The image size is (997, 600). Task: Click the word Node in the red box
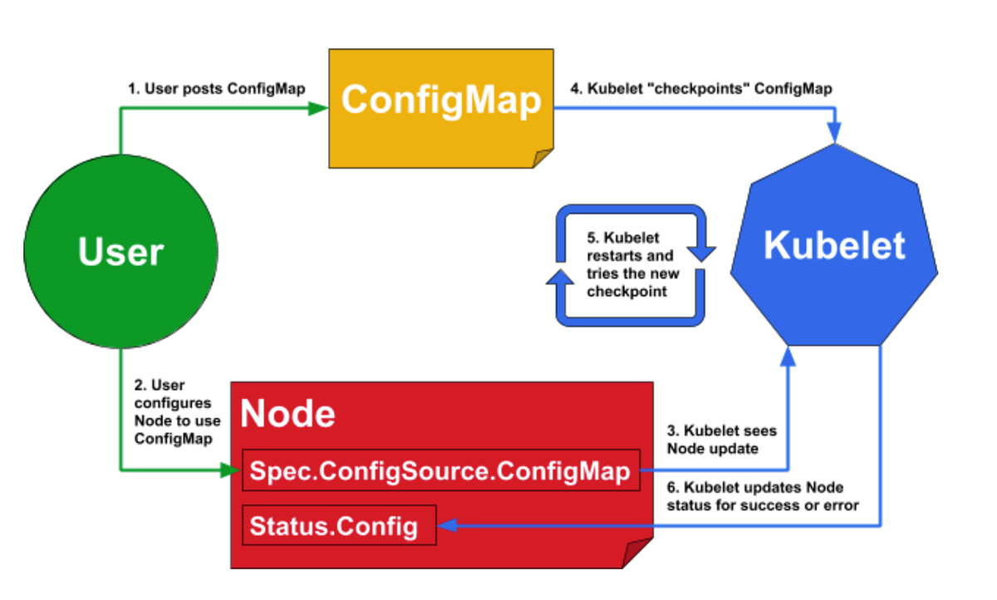point(287,414)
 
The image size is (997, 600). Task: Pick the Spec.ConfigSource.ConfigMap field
point(441,471)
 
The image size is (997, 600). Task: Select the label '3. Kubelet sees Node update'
point(722,440)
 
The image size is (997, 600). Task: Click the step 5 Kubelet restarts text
point(631,265)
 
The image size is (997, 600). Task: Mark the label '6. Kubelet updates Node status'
point(764,496)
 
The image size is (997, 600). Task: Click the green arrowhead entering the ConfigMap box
point(318,109)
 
